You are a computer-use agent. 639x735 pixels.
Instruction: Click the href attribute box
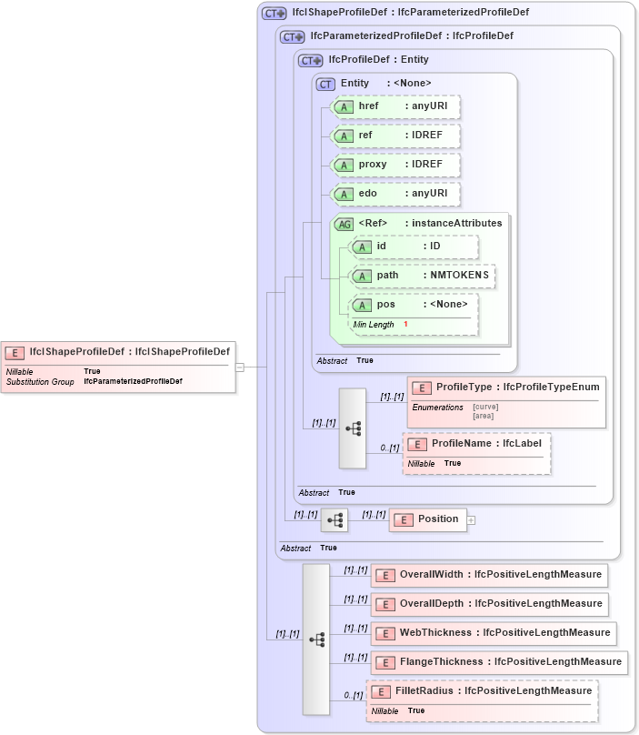tap(395, 106)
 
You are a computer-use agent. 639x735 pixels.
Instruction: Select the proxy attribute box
tap(395, 165)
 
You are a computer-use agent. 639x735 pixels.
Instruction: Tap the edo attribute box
tap(395, 194)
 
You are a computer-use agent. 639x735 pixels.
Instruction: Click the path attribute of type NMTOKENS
tap(423, 276)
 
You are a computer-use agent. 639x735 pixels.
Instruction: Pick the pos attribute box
tap(414, 305)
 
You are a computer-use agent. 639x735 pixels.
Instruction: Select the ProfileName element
tap(477, 444)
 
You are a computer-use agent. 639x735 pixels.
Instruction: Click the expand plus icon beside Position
tap(472, 520)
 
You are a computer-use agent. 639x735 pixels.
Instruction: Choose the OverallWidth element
tap(488, 575)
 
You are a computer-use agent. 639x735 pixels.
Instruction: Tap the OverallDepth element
tap(488, 604)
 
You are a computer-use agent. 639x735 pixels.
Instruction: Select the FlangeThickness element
tap(499, 662)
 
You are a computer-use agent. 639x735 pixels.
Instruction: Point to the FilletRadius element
tap(483, 691)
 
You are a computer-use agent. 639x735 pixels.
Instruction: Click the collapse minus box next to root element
tap(239, 367)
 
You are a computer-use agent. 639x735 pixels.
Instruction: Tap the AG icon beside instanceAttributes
tap(344, 224)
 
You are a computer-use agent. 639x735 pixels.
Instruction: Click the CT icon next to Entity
tap(325, 84)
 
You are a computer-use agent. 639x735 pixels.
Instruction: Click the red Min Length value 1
tap(405, 325)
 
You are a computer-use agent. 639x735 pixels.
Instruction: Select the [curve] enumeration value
tap(485, 407)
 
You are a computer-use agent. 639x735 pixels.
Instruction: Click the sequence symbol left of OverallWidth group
tap(316, 639)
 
